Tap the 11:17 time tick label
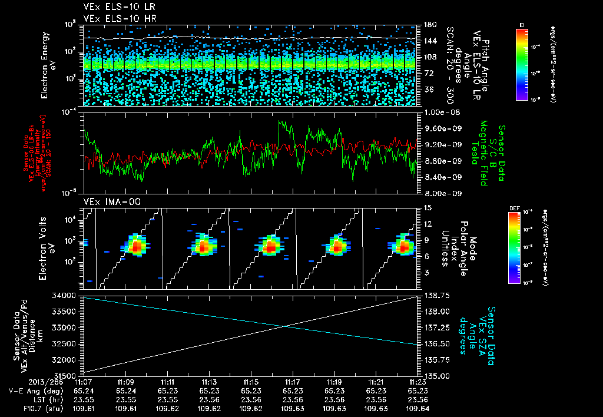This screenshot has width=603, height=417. click(293, 382)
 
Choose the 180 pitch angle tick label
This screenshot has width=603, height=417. click(429, 24)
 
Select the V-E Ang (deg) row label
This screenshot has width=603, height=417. click(31, 390)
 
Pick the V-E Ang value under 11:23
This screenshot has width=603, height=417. click(418, 390)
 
